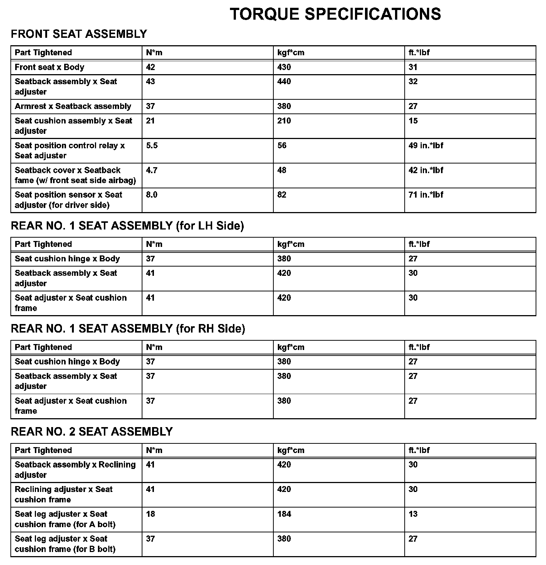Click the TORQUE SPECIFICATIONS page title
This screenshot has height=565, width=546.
(335, 14)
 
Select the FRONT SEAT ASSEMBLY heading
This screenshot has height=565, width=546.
(79, 34)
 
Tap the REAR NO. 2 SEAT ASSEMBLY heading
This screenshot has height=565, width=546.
(92, 432)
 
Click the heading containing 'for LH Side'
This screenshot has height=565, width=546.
(127, 226)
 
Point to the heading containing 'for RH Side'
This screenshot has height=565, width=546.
(128, 329)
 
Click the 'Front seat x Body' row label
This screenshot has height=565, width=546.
(49, 67)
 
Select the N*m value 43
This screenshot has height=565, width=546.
(150, 82)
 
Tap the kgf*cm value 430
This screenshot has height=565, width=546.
(284, 67)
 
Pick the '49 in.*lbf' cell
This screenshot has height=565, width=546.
(425, 146)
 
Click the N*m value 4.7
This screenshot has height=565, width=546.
(151, 171)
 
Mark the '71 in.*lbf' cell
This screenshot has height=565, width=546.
(425, 195)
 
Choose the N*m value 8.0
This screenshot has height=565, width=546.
(151, 195)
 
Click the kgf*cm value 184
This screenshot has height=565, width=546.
(284, 514)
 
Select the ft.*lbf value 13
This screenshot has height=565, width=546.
(413, 514)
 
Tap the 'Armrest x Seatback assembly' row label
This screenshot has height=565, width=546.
(73, 106)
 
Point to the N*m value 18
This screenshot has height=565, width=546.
(150, 514)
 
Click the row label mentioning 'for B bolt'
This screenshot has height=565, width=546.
(65, 544)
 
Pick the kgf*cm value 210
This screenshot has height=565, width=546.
(284, 121)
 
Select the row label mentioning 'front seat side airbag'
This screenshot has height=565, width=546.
(75, 175)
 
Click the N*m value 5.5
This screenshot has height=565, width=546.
(151, 146)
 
